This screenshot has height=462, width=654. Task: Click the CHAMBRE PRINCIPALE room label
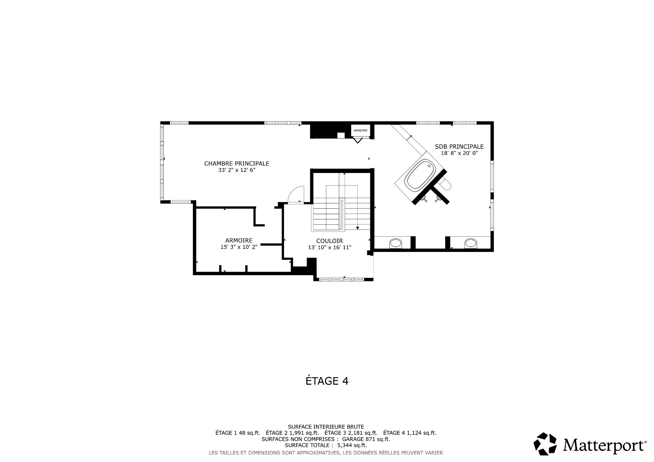pyautogui.click(x=237, y=163)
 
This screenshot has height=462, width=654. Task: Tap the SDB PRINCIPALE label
pyautogui.click(x=459, y=147)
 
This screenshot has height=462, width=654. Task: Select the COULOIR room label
pyautogui.click(x=329, y=241)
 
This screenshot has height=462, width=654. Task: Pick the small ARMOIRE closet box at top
pyautogui.click(x=360, y=130)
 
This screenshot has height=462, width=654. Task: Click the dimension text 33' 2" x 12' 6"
pyautogui.click(x=237, y=170)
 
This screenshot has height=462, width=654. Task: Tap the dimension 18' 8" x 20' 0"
pyautogui.click(x=459, y=153)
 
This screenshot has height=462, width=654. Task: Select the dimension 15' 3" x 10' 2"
pyautogui.click(x=239, y=247)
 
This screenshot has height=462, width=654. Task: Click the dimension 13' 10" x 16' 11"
pyautogui.click(x=329, y=248)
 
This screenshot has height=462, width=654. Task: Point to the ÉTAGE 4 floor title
pyautogui.click(x=327, y=381)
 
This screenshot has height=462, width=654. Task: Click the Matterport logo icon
pyautogui.click(x=545, y=444)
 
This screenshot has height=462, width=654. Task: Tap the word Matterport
pyautogui.click(x=603, y=445)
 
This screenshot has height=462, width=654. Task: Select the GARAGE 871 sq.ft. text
pyautogui.click(x=366, y=439)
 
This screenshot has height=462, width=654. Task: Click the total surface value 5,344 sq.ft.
pyautogui.click(x=352, y=445)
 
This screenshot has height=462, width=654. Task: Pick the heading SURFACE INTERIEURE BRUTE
pyautogui.click(x=326, y=427)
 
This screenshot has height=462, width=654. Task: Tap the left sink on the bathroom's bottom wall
pyautogui.click(x=395, y=243)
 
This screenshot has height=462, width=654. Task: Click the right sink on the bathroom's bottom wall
pyautogui.click(x=470, y=243)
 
